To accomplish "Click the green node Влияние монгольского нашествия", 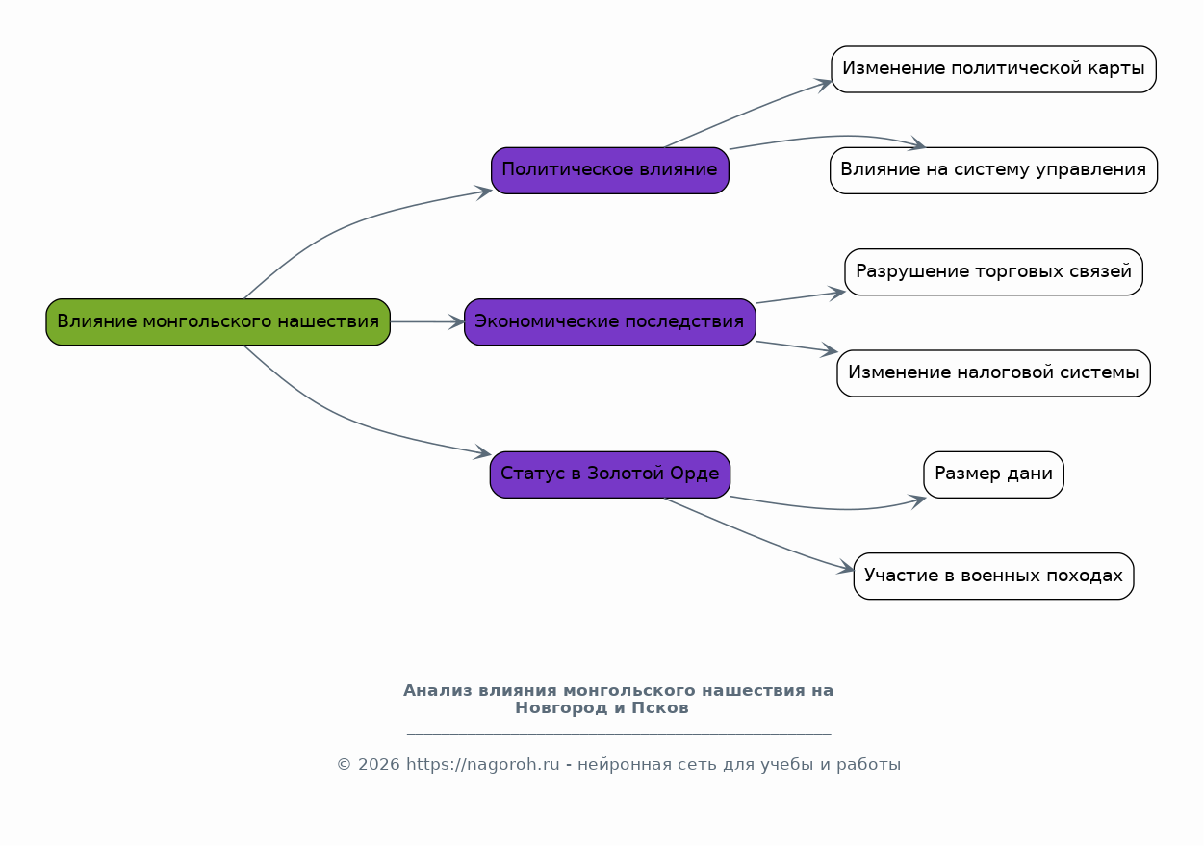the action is click(x=218, y=322).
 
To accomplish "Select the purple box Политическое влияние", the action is click(x=610, y=170).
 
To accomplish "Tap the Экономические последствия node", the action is click(x=610, y=322).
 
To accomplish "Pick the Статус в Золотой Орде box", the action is click(x=610, y=474).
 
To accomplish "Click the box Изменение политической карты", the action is click(x=994, y=69).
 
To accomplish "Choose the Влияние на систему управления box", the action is click(x=994, y=170).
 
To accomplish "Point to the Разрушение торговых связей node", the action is click(x=994, y=272).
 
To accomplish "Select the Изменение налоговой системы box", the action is click(x=994, y=373).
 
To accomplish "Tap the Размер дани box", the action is click(x=994, y=474).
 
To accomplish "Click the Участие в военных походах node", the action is click(x=994, y=577).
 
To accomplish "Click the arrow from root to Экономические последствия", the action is click(x=427, y=322).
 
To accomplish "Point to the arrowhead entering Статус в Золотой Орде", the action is click(x=482, y=452).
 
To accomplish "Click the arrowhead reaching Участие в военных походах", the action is click(x=846, y=568).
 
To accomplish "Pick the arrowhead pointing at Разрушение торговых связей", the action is click(x=836, y=294).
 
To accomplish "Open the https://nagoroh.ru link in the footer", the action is click(x=483, y=764).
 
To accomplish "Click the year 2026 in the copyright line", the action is click(x=379, y=764).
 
